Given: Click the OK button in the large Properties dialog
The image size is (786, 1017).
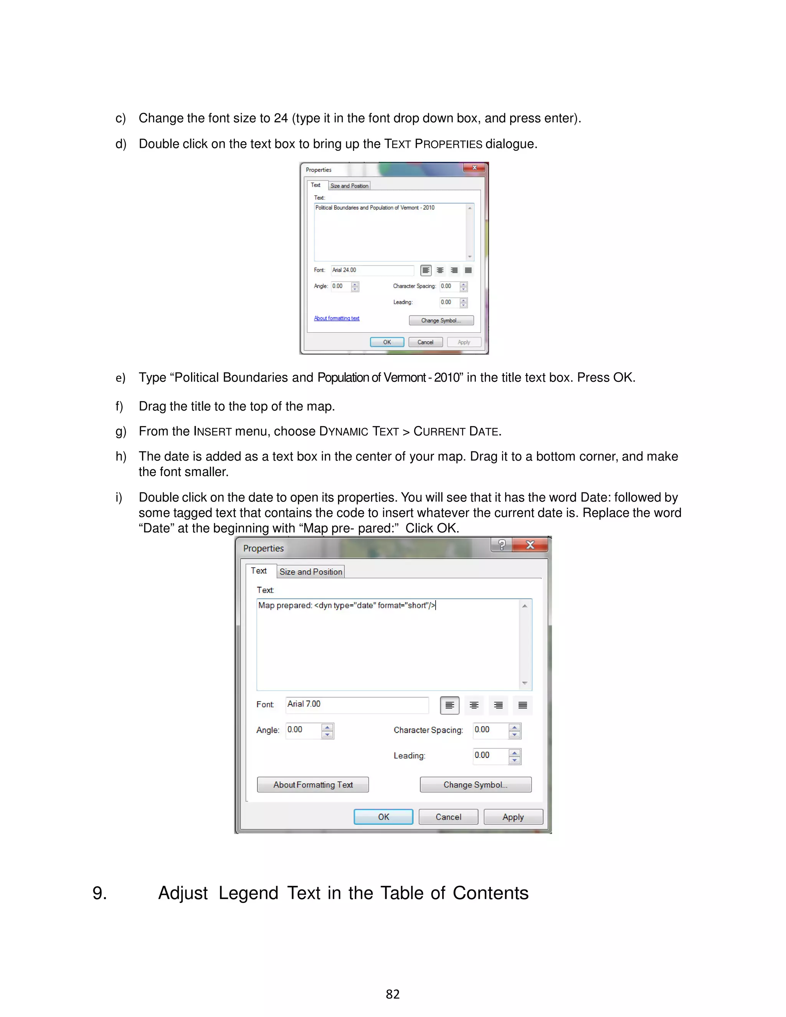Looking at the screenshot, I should [x=383, y=817].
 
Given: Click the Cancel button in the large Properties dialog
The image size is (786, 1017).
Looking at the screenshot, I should [x=448, y=817].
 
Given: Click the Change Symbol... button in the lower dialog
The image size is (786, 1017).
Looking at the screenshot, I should [x=475, y=785].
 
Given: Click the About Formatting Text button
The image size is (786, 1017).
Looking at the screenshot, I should [x=313, y=785].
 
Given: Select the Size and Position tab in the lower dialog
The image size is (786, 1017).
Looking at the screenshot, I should [x=310, y=572].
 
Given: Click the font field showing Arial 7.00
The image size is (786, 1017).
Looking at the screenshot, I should [x=357, y=705].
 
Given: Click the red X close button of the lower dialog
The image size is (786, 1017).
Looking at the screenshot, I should [x=530, y=545].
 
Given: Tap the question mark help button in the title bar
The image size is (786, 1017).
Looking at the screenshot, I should [x=502, y=545].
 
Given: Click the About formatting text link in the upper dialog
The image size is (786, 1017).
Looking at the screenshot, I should [x=336, y=319].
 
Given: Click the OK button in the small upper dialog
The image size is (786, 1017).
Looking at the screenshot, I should [x=387, y=342].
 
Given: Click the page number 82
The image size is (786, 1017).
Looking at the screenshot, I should [x=393, y=994].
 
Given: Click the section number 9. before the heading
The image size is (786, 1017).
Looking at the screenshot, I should [x=100, y=893].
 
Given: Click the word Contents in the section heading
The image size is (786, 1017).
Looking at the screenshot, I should [x=490, y=893].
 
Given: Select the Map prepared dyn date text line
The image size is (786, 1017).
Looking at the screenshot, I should [x=347, y=605].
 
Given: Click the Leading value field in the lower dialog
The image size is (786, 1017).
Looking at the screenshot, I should [x=490, y=755].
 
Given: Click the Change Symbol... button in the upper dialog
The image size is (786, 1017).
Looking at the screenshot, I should [x=441, y=320].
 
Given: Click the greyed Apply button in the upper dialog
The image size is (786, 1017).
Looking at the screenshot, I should [x=464, y=342].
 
